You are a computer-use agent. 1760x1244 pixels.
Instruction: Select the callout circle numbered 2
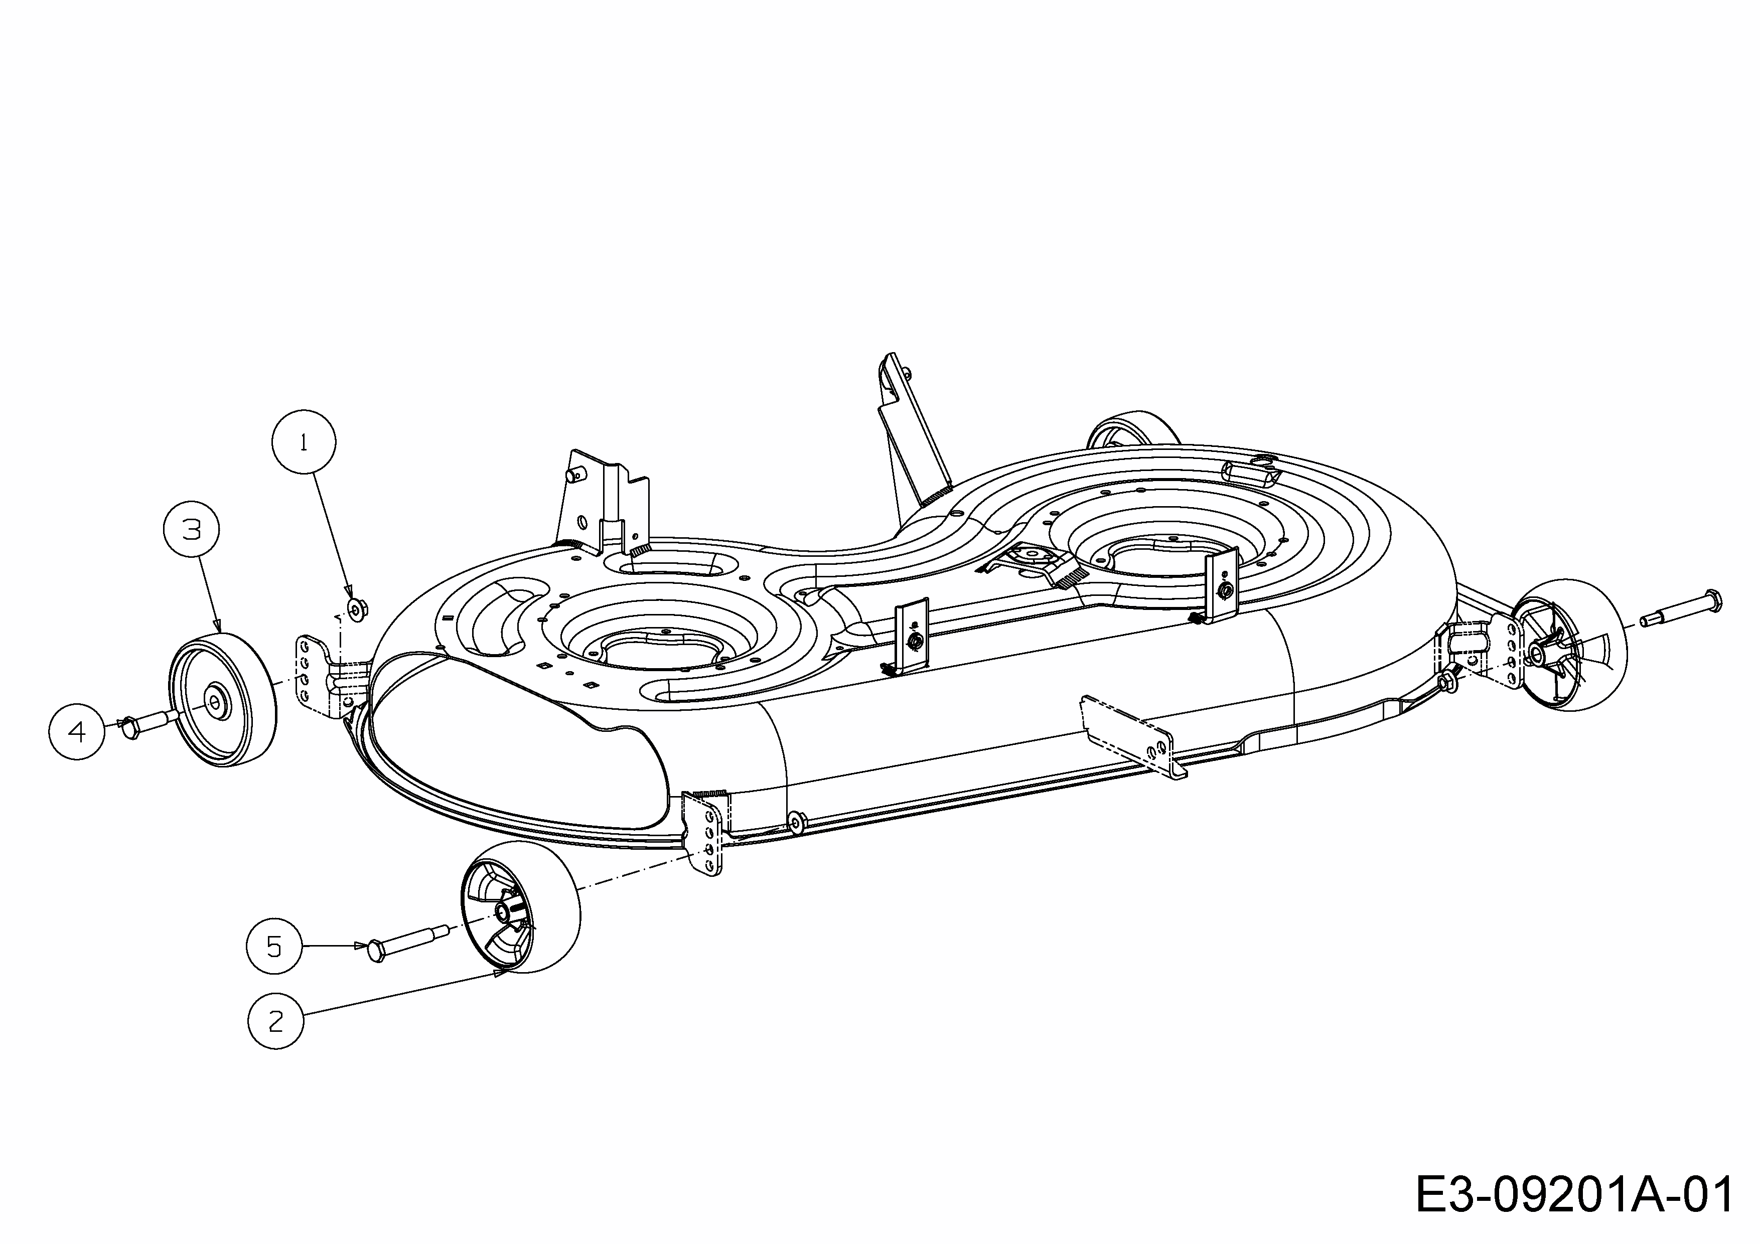(276, 1021)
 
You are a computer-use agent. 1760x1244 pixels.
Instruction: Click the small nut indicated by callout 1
(356, 609)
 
